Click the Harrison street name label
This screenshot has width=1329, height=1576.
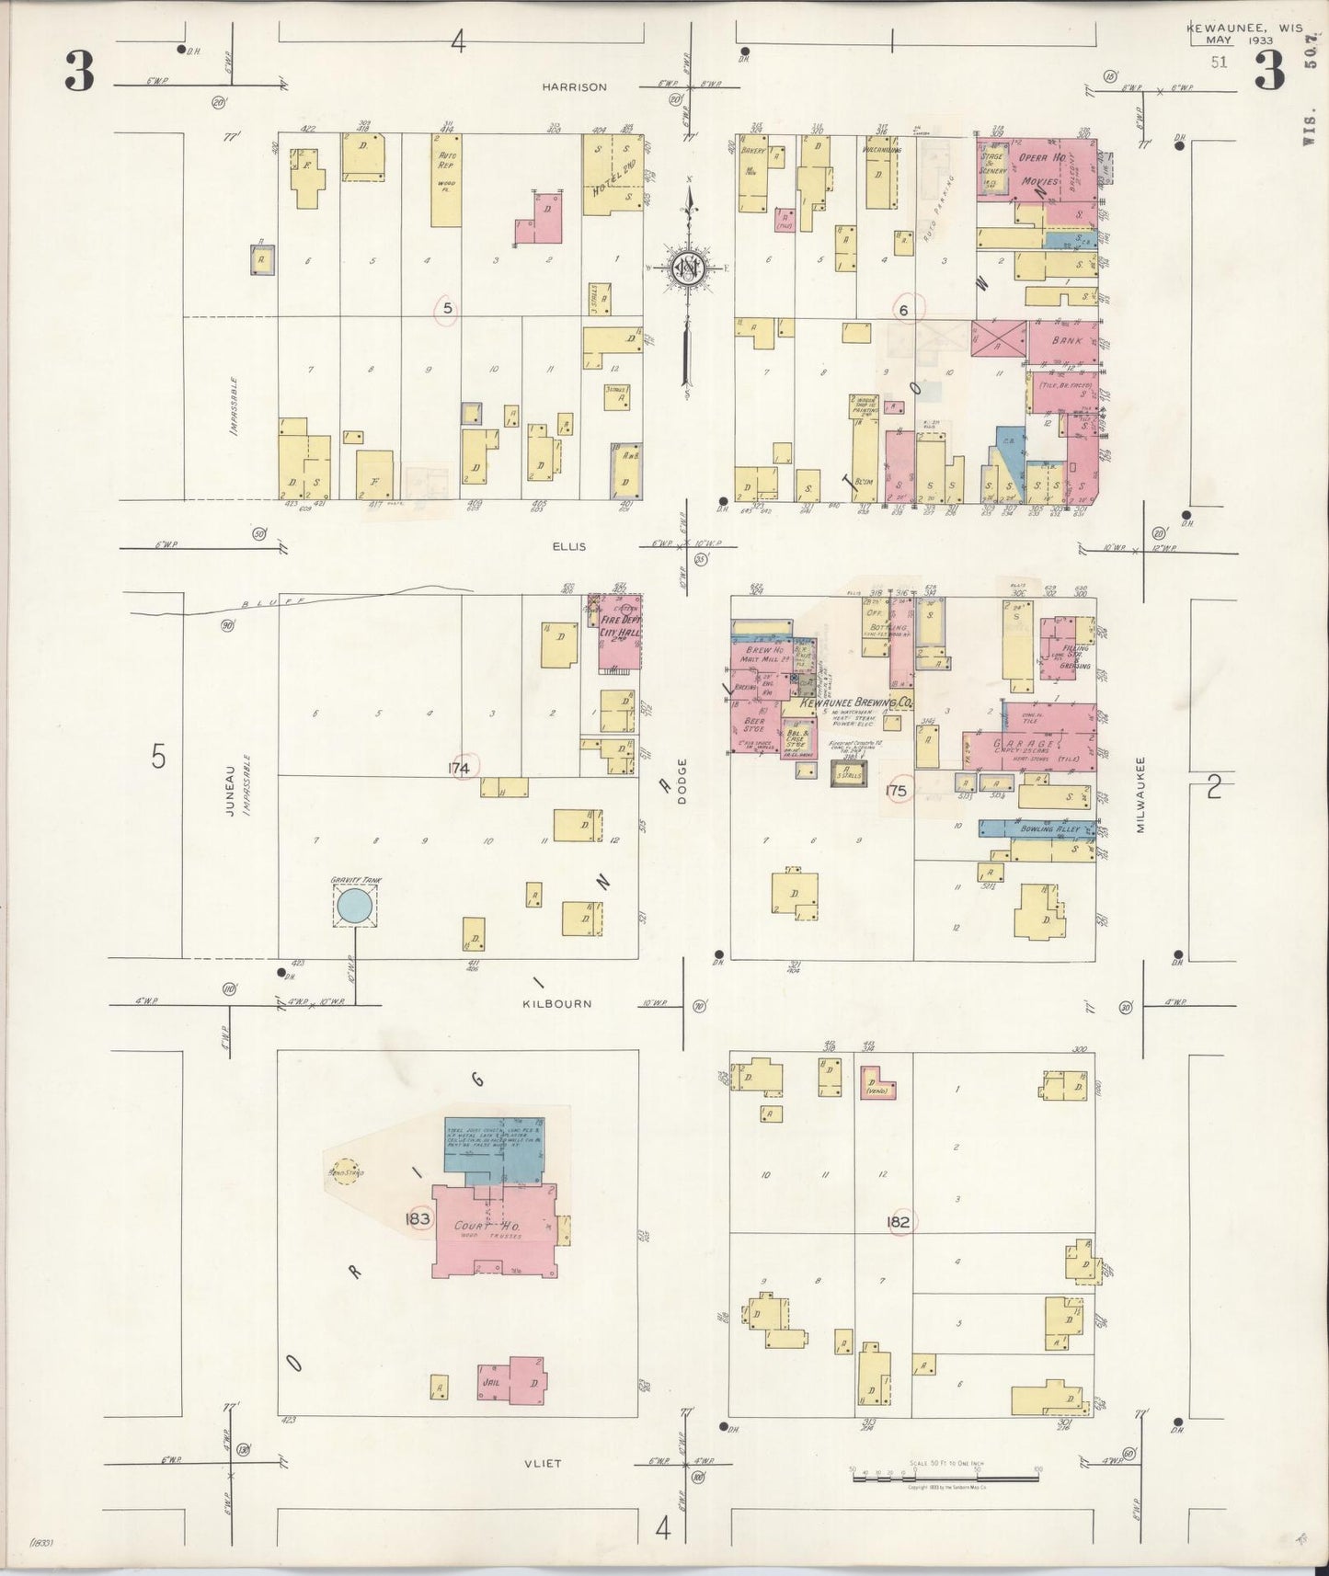click(x=574, y=87)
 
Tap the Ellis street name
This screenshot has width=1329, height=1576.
click(x=568, y=547)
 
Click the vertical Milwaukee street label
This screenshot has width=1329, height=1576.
click(x=1140, y=795)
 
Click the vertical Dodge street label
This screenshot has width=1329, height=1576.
click(x=682, y=782)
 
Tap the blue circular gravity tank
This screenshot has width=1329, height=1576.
click(x=354, y=908)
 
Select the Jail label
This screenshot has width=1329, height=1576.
click(x=489, y=1382)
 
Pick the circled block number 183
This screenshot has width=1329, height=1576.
click(x=418, y=1219)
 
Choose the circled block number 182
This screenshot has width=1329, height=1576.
click(x=899, y=1222)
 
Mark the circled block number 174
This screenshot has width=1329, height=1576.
click(x=460, y=768)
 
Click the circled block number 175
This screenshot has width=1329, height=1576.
click(x=896, y=791)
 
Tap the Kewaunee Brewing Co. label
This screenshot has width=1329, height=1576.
click(x=856, y=702)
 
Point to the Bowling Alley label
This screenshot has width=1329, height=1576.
click(x=1049, y=828)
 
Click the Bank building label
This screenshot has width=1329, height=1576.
click(x=1067, y=341)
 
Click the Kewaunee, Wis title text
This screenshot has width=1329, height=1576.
click(x=1243, y=29)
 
